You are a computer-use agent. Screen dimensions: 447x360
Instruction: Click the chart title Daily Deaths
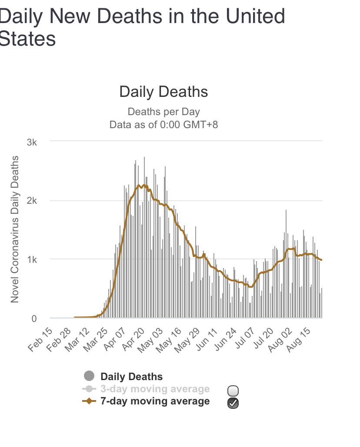163,92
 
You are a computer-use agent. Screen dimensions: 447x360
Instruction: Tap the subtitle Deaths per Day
163,112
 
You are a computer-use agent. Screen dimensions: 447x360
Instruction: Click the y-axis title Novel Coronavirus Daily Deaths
15,229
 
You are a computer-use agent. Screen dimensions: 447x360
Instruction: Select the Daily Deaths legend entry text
131,377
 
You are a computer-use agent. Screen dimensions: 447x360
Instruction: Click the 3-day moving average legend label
155,389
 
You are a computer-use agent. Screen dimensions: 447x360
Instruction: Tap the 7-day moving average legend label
155,401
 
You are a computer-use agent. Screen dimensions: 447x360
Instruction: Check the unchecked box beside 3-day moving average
233,391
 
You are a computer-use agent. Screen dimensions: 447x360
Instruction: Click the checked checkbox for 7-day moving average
233,403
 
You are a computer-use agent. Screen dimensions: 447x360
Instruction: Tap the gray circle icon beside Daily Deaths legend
89,376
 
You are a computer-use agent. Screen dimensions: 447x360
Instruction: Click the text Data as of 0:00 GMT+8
163,125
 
